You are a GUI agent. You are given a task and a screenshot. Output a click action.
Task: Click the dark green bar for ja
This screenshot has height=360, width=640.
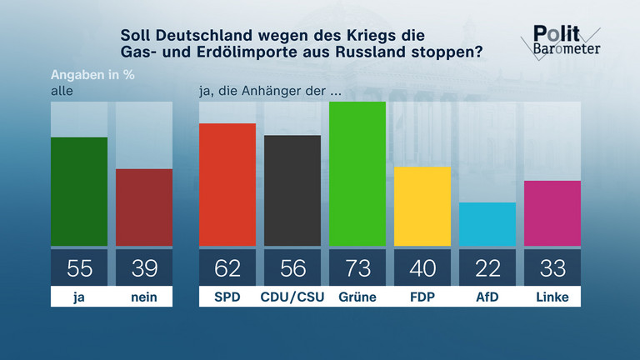(79, 192)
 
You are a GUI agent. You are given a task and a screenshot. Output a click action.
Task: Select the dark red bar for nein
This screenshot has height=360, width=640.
(144, 207)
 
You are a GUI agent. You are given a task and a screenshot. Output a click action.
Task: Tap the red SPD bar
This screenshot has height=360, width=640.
(227, 184)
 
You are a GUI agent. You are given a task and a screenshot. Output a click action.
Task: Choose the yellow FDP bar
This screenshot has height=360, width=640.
(422, 206)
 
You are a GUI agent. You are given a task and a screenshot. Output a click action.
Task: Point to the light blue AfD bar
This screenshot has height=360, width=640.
(487, 224)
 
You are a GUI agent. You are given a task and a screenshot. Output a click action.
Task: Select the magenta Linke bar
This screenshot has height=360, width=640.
(552, 213)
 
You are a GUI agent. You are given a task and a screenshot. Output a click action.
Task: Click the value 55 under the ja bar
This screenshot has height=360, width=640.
(79, 267)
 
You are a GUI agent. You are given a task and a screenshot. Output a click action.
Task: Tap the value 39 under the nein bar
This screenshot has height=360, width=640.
(144, 267)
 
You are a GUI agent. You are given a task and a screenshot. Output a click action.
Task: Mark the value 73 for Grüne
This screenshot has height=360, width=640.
(357, 267)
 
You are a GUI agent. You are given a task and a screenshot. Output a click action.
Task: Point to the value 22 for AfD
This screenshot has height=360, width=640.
(487, 267)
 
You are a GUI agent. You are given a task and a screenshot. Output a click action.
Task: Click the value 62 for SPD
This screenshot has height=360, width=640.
(227, 267)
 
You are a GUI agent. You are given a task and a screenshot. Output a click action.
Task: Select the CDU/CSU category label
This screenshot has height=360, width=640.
(292, 297)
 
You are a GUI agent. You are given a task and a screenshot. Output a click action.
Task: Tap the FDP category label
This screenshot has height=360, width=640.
(422, 297)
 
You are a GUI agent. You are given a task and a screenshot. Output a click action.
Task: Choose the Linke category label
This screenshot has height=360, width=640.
(552, 297)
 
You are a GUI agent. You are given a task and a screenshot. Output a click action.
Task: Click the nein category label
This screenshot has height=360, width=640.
(144, 297)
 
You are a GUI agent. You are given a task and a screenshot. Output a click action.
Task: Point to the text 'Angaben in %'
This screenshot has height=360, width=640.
(92, 72)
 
